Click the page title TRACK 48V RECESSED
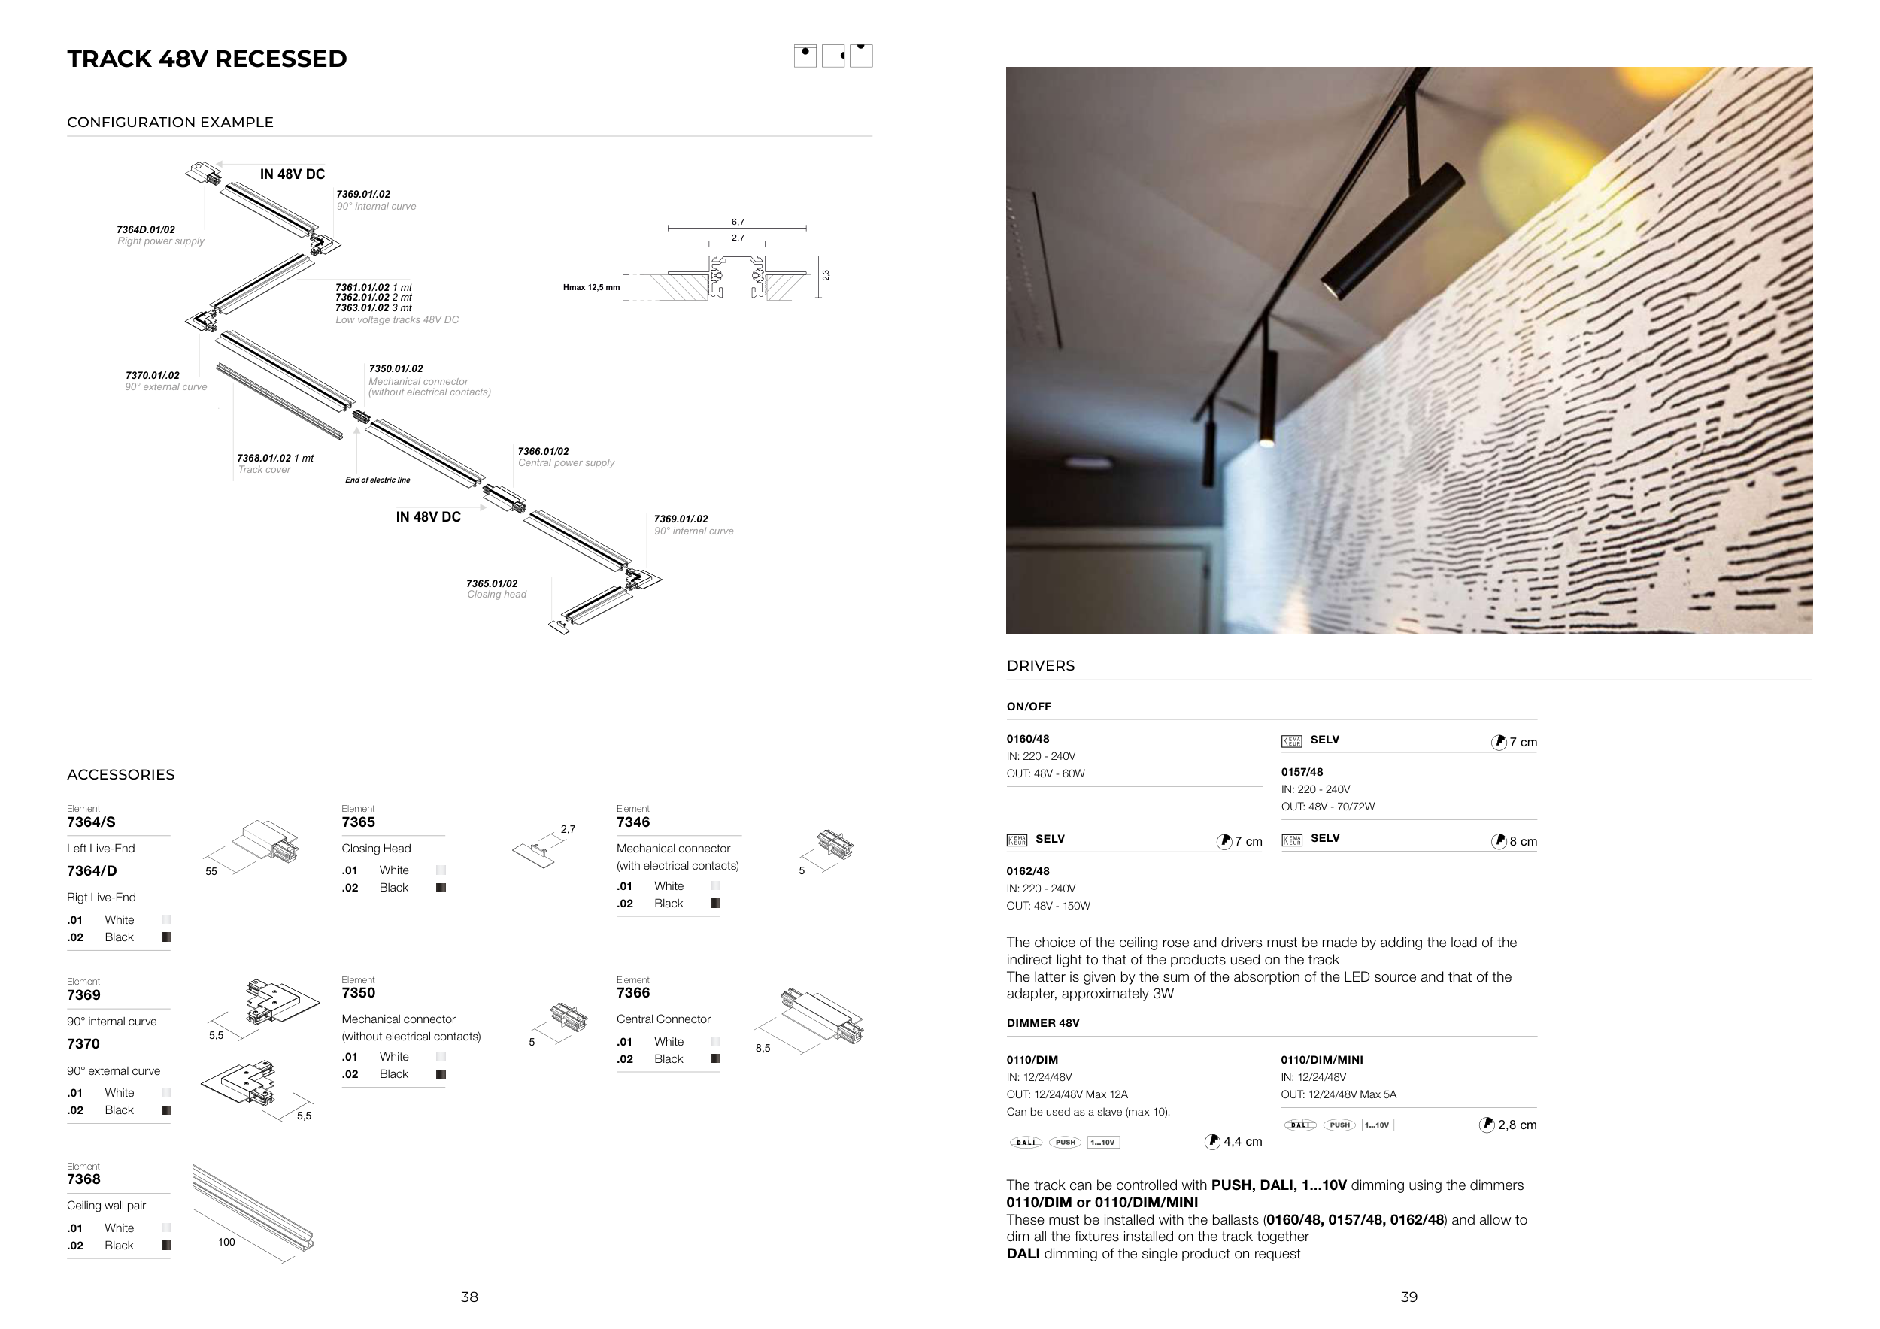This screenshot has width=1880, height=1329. coord(207,59)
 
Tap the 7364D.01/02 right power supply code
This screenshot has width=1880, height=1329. coord(146,230)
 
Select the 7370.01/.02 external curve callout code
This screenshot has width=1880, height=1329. coord(153,376)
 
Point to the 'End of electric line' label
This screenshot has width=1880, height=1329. coord(378,480)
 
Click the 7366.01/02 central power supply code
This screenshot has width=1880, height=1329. coord(543,452)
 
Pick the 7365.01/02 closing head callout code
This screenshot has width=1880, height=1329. coord(491,583)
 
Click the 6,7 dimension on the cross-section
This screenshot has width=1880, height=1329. coord(738,222)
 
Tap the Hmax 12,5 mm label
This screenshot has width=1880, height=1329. coord(591,287)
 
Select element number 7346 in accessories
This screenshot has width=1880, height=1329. coord(633,822)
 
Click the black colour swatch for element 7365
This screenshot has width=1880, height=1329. coord(441,888)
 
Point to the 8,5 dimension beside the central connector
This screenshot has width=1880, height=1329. coord(763,1049)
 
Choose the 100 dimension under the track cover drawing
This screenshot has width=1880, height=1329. coord(226,1243)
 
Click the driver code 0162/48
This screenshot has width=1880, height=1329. coord(1028,871)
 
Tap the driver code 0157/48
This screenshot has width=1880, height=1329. coord(1302,773)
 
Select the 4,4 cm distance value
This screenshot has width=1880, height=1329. coord(1242,1142)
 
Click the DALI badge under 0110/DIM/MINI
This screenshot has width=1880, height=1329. coord(1299,1125)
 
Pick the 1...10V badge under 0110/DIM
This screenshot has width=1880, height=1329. coord(1103,1143)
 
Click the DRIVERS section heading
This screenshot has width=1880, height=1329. coord(1040,666)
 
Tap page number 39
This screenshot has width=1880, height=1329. coord(1408,1297)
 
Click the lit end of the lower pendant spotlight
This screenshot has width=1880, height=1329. coord(1266,443)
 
